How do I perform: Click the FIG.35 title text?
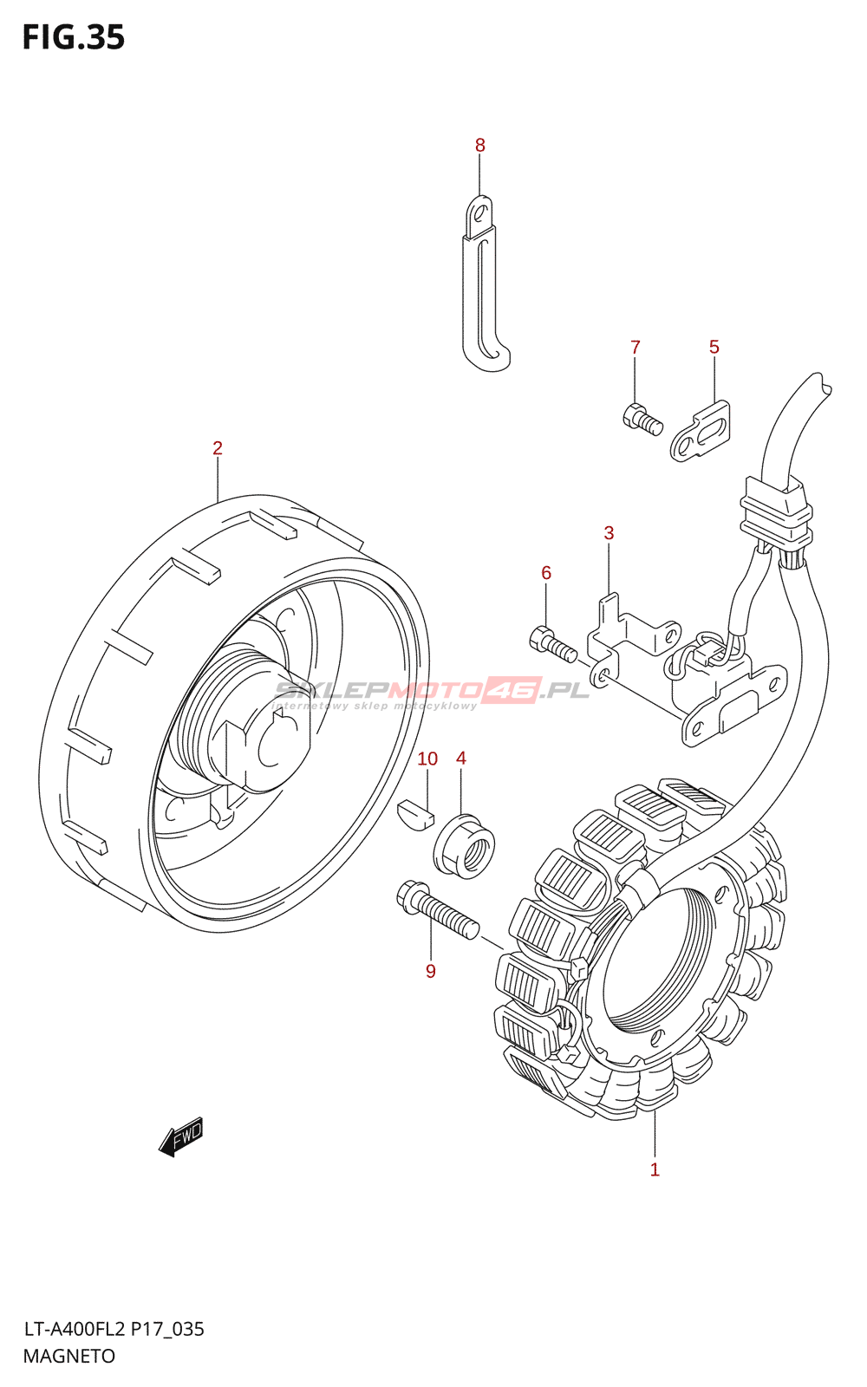74,38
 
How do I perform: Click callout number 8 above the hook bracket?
480,146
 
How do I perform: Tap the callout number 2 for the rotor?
218,448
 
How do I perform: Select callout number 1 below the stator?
655,1169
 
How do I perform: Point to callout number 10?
427,759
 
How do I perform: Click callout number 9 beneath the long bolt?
430,972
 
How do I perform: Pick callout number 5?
714,348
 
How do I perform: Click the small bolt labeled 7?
642,419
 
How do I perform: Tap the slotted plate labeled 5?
700,431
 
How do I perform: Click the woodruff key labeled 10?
415,816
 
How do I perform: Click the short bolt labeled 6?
552,644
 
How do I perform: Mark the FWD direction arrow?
181,1136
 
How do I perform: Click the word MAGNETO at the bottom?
69,1357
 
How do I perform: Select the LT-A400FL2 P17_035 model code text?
114,1329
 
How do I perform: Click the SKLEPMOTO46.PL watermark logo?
431,691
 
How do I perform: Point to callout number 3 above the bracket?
609,533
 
